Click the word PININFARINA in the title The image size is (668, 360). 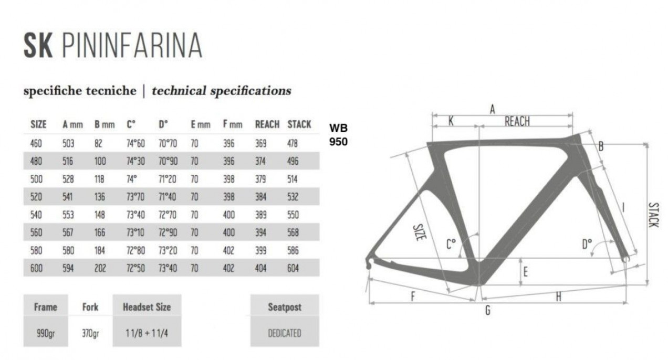132,46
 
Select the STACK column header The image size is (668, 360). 299,125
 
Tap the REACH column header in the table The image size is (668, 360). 267,125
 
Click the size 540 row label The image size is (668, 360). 36,215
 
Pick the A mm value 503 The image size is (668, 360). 68,143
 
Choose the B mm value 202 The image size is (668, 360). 100,268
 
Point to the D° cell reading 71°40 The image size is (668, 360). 167,197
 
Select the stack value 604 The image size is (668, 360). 293,268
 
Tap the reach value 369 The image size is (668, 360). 260,143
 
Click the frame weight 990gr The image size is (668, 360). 45,333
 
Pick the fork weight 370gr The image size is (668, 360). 90,333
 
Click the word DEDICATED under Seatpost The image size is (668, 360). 284,333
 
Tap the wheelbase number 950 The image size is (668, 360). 339,141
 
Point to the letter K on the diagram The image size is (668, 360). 451,121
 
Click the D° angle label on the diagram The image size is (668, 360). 587,243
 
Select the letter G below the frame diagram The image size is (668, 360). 487,311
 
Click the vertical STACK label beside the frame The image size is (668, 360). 653,214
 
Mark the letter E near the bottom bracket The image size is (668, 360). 525,272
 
